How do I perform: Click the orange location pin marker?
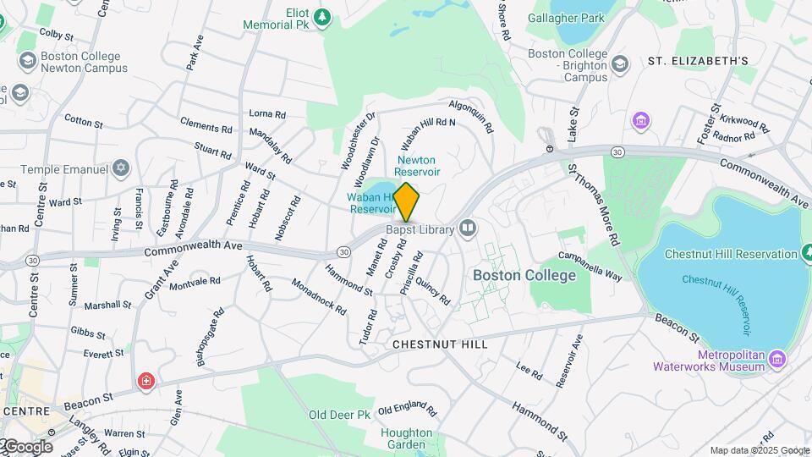point(406,201)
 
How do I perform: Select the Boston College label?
point(524,275)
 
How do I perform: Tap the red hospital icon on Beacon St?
point(147,382)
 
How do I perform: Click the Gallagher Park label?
point(566,17)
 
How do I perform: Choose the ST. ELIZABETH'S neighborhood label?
point(698,61)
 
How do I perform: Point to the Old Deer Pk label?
point(340,415)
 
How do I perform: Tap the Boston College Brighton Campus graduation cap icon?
point(620,64)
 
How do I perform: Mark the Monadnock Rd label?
point(319,298)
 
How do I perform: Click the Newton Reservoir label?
point(415,165)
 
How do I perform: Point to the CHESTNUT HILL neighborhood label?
point(440,345)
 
